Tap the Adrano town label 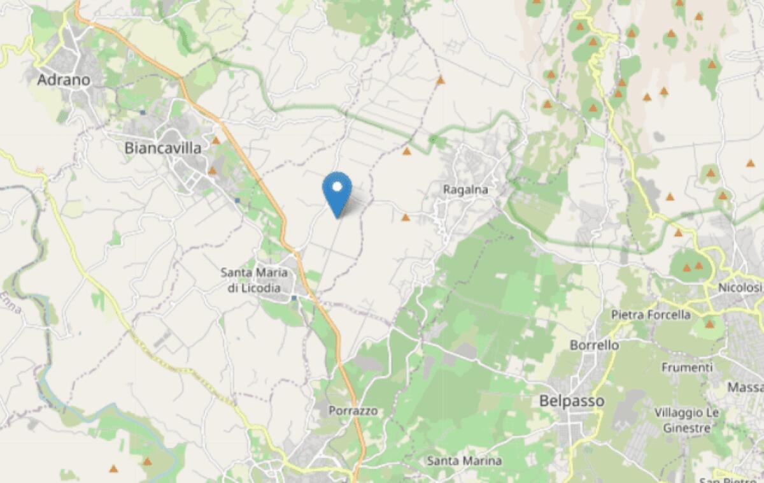coord(64,80)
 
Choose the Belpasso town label coord(571,401)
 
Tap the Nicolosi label coord(740,287)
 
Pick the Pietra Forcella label coord(651,314)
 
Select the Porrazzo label coord(353,411)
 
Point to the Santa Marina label coord(464,460)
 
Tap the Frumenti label coord(687,368)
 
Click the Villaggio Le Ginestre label coord(687,421)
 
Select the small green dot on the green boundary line coord(432,139)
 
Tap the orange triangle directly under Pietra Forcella coord(709,324)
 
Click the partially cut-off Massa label coord(747,387)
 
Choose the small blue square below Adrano coord(143,112)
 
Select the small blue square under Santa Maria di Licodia coord(294,298)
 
